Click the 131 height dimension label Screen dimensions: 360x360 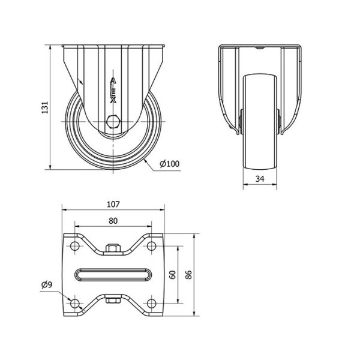click(x=44, y=107)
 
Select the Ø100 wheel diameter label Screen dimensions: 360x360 click(x=169, y=164)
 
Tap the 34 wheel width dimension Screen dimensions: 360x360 click(x=260, y=179)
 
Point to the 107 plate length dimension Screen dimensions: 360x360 click(x=113, y=204)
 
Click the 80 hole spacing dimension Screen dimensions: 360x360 click(x=113, y=221)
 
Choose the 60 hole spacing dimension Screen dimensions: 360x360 click(x=172, y=275)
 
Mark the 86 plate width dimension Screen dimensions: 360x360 click(x=188, y=275)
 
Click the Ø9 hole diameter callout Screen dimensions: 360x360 click(x=47, y=284)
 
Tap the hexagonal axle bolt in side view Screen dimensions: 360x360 click(x=113, y=121)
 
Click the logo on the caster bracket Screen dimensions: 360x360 click(x=113, y=90)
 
